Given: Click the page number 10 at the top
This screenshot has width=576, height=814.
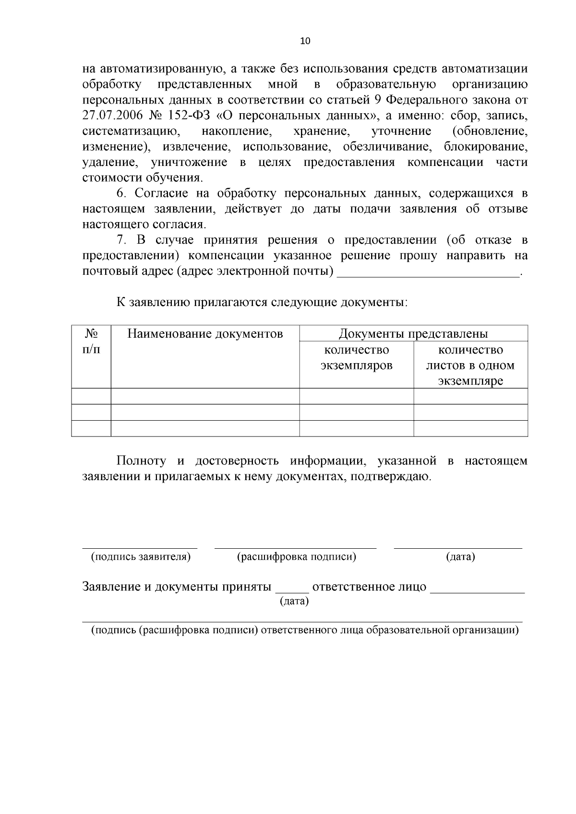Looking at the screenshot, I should (305, 41).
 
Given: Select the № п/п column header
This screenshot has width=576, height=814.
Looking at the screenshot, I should (91, 341).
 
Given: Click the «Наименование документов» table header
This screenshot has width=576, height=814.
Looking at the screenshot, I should (205, 333).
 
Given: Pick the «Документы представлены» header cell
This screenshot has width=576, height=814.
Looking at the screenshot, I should (413, 333).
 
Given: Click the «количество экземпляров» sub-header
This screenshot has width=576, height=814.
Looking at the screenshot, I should (356, 357).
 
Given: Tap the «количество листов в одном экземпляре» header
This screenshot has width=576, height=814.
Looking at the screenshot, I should (470, 365).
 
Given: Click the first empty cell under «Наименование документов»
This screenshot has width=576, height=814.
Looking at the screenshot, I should (205, 396).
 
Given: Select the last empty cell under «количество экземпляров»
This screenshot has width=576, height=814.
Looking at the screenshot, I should (356, 428).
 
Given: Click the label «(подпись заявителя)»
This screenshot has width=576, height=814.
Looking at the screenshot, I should (141, 557).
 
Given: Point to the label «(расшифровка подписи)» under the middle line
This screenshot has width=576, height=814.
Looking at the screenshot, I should (296, 557).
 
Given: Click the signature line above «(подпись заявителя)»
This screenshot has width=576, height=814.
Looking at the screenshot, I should (140, 547).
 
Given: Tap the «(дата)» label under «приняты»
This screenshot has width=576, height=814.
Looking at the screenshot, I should (294, 601).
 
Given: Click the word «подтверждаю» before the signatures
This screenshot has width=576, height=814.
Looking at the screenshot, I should (391, 477).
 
